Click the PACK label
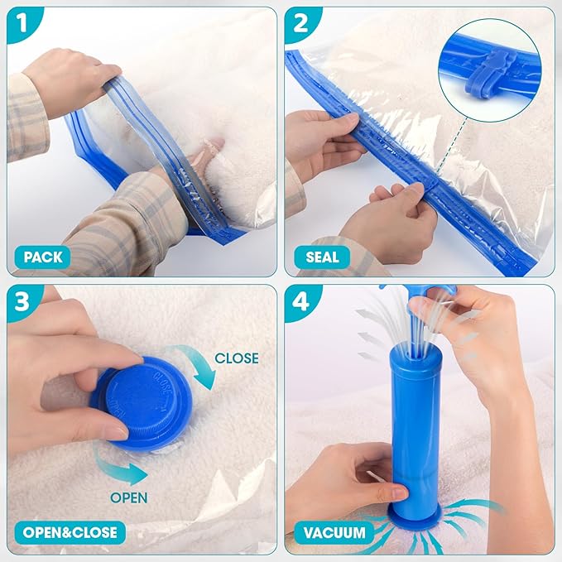point(42,257)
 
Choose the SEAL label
point(323,257)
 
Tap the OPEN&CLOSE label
point(65,531)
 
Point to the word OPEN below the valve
point(129,497)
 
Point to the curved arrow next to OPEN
point(120,468)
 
